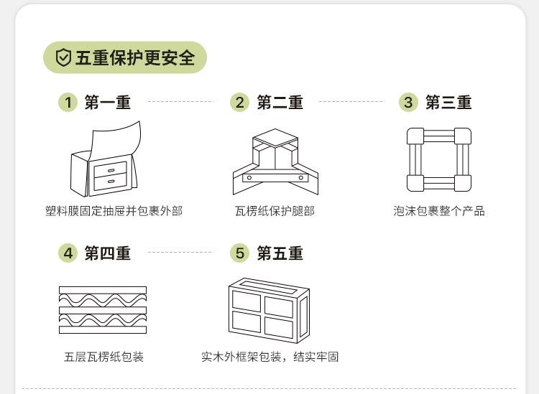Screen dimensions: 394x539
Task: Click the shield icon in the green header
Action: click(x=64, y=58)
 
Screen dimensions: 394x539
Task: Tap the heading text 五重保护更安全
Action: click(x=135, y=58)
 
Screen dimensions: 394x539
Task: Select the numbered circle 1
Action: click(x=68, y=103)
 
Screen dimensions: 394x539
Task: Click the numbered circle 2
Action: click(x=240, y=103)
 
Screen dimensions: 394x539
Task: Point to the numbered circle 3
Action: click(x=409, y=103)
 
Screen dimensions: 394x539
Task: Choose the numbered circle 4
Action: click(x=68, y=253)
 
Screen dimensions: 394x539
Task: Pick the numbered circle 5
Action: click(x=240, y=253)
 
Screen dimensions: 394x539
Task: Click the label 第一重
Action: click(x=108, y=103)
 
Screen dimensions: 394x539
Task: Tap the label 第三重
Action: click(x=448, y=103)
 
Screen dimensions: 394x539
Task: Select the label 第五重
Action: click(x=280, y=253)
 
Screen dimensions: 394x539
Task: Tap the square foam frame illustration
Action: click(x=438, y=160)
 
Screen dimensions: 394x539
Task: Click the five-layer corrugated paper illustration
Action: click(x=102, y=309)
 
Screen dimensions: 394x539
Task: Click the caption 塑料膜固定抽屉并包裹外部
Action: click(x=114, y=211)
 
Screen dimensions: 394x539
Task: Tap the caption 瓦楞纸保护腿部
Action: click(x=275, y=211)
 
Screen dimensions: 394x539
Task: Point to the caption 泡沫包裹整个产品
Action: click(x=439, y=211)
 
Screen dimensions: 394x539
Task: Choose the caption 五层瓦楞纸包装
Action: click(x=103, y=357)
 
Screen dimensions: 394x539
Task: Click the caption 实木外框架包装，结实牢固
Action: click(x=270, y=357)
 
